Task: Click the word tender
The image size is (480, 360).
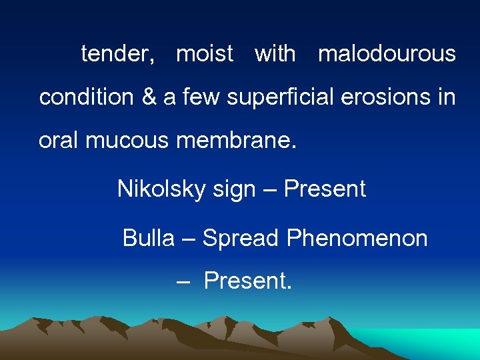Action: [x=117, y=54]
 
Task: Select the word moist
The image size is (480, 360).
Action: [x=205, y=53]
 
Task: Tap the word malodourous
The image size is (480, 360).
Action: [x=387, y=53]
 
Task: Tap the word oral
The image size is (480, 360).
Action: [x=55, y=141]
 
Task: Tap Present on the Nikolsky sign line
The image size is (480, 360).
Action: [x=325, y=189]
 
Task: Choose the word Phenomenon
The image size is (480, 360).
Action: [x=357, y=238]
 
